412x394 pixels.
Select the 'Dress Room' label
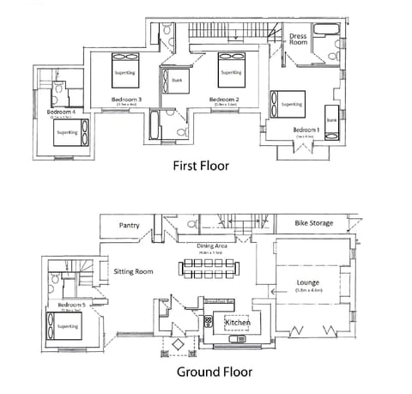coord(298,39)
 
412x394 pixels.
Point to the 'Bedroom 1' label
coord(306,129)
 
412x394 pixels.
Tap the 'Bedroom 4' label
coord(61,112)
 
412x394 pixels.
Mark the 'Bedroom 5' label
coord(70,305)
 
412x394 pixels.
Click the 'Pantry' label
coord(130,226)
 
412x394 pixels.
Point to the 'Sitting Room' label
coord(133,271)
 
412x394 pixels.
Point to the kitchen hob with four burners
coord(209,321)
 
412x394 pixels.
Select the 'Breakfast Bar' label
coord(220,302)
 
